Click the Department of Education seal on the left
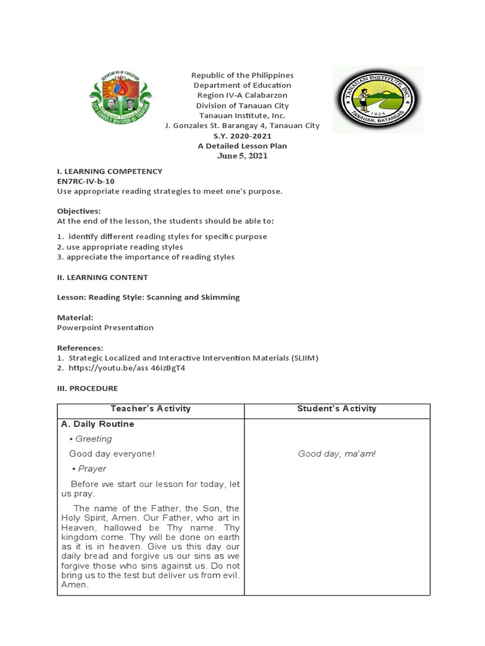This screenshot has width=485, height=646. point(121,98)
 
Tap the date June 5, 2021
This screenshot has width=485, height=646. point(242,156)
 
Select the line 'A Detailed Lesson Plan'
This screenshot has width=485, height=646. point(242,146)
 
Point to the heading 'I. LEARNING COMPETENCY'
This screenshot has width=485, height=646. point(110,171)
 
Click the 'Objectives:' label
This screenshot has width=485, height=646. point(79,211)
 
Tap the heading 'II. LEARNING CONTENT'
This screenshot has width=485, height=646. point(102,277)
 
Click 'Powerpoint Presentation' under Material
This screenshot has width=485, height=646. point(105,327)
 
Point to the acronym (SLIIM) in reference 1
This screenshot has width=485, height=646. point(305,358)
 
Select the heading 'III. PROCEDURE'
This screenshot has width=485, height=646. point(87,388)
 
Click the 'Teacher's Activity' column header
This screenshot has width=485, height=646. point(150,409)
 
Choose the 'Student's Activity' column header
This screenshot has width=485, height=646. point(337,409)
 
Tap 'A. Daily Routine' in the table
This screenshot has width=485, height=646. point(97,424)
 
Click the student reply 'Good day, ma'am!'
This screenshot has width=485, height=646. point(337,454)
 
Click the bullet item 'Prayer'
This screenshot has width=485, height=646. point(92,469)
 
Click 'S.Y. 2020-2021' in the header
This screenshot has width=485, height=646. point(242,136)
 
